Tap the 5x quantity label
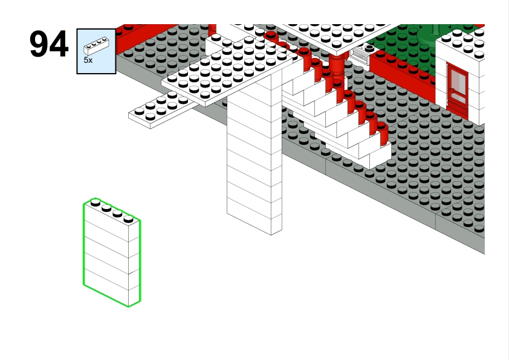88,60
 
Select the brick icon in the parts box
96,46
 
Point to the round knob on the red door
452,91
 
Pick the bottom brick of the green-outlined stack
112,288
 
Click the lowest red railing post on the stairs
383,133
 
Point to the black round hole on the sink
369,48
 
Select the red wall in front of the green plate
403,76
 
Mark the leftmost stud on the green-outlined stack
96,203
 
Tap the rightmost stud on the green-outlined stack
129,219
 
